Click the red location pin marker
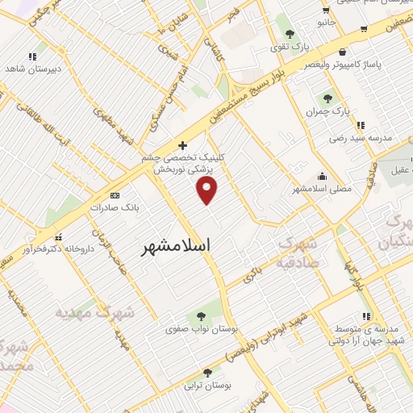[208, 190]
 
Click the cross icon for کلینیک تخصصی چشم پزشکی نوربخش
[183, 146]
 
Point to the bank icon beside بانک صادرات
[114, 195]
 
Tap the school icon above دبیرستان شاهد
[32, 56]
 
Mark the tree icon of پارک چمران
[327, 99]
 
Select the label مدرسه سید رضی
[361, 138]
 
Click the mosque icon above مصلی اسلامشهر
[323, 177]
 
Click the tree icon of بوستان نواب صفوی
[199, 315]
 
